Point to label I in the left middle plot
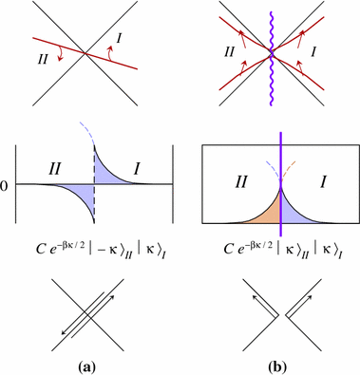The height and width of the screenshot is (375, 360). pyautogui.click(x=136, y=171)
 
